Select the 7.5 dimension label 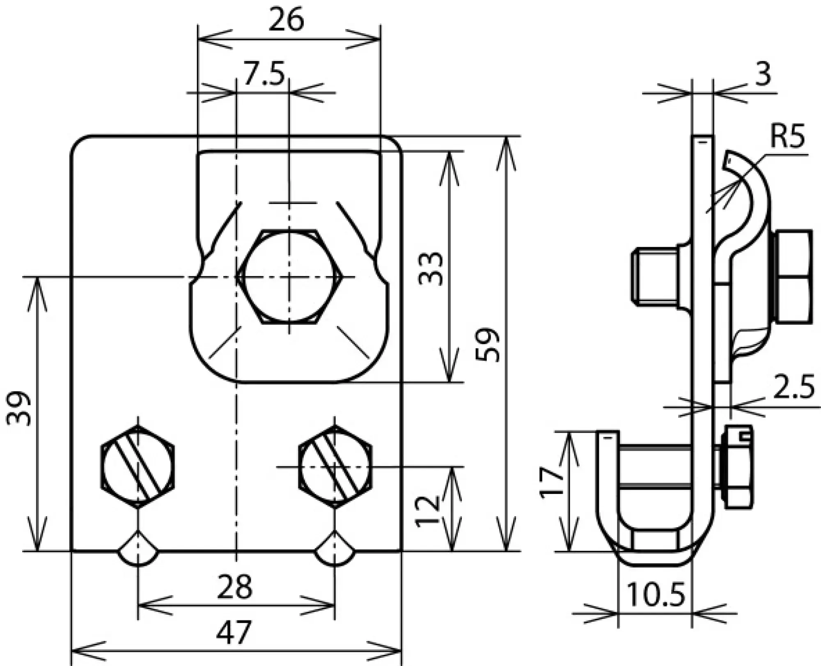[264, 73]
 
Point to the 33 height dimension [431, 269]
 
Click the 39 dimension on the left [18, 409]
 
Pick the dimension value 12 [428, 511]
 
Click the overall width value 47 [234, 632]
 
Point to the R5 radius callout [787, 137]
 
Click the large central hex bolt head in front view [290, 277]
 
